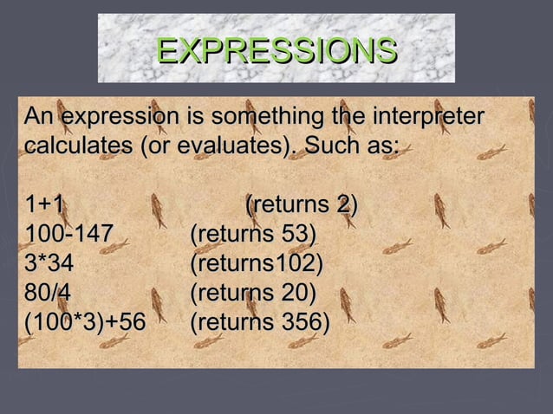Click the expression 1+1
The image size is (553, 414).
coord(44,205)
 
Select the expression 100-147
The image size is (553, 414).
coord(68,235)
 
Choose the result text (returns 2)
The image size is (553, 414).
coord(302,205)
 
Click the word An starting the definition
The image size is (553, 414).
coord(39,116)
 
